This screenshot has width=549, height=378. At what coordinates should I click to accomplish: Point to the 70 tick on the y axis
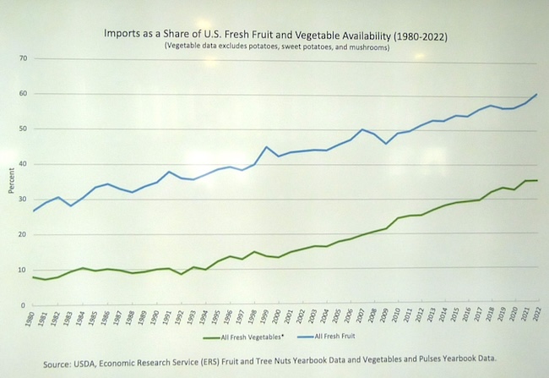(x=24, y=58)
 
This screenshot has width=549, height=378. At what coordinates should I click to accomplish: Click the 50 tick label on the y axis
(x=24, y=129)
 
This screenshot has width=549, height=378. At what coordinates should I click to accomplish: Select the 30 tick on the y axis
(x=24, y=200)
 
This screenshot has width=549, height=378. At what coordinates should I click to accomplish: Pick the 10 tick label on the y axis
(x=24, y=270)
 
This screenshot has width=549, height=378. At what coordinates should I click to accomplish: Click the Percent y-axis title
(x=11, y=181)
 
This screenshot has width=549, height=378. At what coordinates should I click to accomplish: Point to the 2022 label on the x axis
(x=535, y=319)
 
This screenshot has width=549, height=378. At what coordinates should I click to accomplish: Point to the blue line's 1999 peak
(x=267, y=147)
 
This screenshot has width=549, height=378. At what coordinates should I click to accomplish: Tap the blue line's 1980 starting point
(x=33, y=211)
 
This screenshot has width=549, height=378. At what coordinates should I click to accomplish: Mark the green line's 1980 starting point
(x=33, y=277)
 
